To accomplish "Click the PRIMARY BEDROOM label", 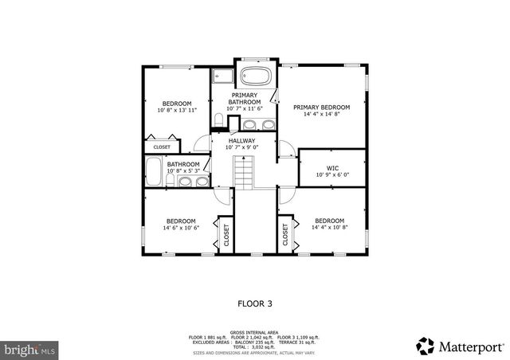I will [x=321, y=107].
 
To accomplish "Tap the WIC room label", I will [x=332, y=168].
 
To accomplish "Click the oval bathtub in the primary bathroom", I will [x=255, y=78].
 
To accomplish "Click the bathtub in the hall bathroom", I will [x=154, y=170].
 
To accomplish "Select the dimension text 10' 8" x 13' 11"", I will [x=177, y=111].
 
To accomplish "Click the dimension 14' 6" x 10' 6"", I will [x=181, y=228].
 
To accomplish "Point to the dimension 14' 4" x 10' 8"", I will [x=329, y=228].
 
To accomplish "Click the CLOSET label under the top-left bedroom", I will [x=161, y=147].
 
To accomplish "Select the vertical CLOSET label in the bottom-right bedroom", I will [x=284, y=234].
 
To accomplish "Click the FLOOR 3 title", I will [x=255, y=303].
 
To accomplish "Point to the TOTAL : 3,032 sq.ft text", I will [x=254, y=347].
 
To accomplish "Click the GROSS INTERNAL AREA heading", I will [x=254, y=332].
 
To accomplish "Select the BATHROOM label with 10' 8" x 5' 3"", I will [x=183, y=165].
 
